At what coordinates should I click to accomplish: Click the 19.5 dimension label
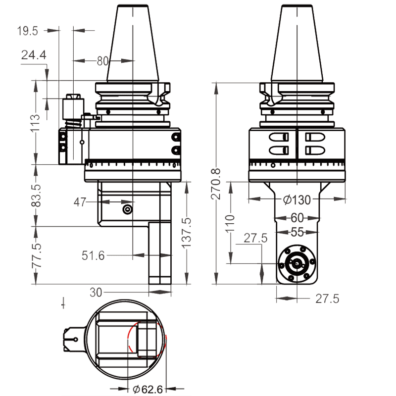click(28, 31)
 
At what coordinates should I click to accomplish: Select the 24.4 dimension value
click(34, 55)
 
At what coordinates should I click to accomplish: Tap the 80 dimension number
click(102, 61)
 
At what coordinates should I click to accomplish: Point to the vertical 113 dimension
click(35, 122)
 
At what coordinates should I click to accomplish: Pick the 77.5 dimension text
click(35, 255)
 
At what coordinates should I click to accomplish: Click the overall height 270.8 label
click(216, 184)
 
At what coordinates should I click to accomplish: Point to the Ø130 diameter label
click(297, 200)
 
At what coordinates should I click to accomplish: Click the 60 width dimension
click(297, 218)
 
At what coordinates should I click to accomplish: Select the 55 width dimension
click(297, 232)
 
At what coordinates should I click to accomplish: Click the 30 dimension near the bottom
click(96, 292)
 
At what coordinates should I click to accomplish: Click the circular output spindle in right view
click(296, 264)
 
